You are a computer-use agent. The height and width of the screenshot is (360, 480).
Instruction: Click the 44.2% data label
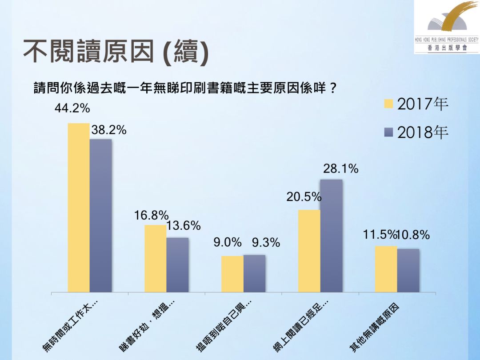72,108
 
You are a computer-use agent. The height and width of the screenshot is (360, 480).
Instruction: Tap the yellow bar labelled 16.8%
155,258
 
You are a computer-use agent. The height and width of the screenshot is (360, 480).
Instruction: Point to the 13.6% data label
184,226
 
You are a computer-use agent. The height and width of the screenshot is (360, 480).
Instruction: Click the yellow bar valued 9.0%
232,274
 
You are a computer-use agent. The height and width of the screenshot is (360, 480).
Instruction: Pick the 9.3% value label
266,243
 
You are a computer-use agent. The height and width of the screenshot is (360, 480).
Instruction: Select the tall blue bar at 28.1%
331,236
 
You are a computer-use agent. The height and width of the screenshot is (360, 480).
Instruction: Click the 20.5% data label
304,197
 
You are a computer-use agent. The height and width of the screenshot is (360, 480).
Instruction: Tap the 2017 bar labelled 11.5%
386,269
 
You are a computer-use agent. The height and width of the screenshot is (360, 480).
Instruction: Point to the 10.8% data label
413,235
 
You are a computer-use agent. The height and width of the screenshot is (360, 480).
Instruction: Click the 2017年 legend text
423,105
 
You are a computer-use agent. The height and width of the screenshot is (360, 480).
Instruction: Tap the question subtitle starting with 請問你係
184,87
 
